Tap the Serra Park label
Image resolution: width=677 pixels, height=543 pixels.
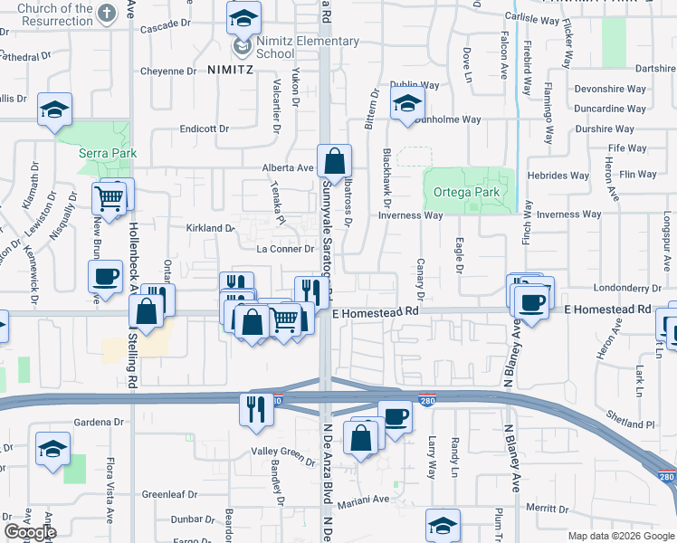(107, 153)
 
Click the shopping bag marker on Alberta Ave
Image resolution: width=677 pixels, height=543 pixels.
(334, 163)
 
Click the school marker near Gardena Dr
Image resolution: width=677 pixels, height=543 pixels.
(53, 448)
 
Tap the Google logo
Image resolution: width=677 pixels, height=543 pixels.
(30, 532)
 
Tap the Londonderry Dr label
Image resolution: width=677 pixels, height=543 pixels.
(624, 288)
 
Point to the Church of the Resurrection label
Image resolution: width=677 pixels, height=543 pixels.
(46, 14)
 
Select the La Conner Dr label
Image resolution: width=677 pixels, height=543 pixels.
(285, 249)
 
